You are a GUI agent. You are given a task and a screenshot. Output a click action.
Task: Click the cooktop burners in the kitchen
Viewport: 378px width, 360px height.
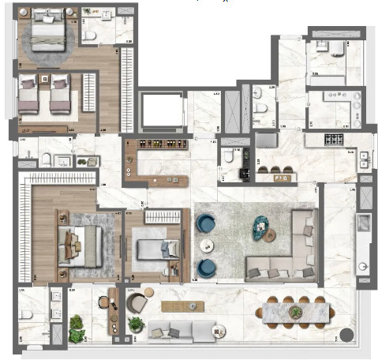(335, 140)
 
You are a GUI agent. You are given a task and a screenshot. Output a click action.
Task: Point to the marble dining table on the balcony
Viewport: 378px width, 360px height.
(294, 311)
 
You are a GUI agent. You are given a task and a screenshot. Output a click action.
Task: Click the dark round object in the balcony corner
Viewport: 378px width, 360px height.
(345, 334)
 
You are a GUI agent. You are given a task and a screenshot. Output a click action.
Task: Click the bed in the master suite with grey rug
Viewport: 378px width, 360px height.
(79, 242)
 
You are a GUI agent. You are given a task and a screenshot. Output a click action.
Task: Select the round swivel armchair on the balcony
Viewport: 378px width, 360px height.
(137, 303)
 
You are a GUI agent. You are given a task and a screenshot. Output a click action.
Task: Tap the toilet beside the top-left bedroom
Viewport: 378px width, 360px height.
(88, 36)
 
